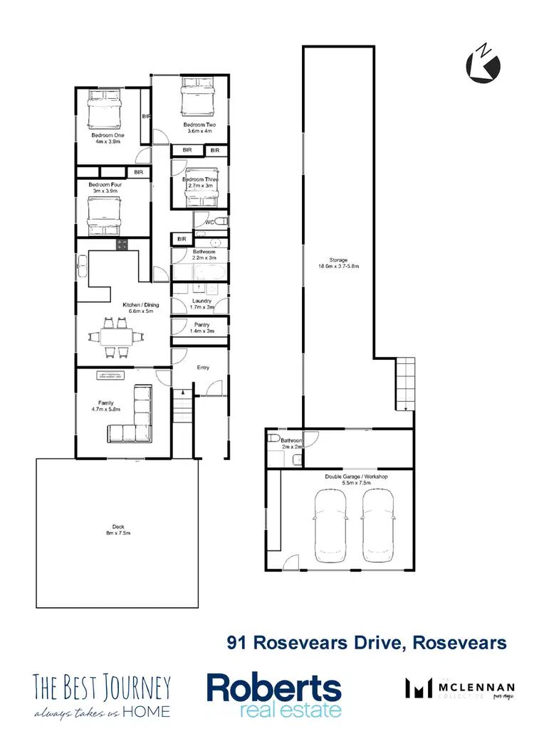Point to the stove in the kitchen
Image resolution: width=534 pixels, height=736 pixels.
coord(122,245)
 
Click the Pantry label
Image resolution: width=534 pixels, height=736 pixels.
coord(202,328)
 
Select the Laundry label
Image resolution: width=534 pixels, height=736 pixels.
coord(202,304)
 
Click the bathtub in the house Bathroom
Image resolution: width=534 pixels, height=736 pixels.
coord(200,274)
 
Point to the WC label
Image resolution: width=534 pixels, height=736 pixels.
coord(209,223)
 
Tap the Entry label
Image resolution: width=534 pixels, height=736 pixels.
coord(203,368)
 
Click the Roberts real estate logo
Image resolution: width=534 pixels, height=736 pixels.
coord(274,695)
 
